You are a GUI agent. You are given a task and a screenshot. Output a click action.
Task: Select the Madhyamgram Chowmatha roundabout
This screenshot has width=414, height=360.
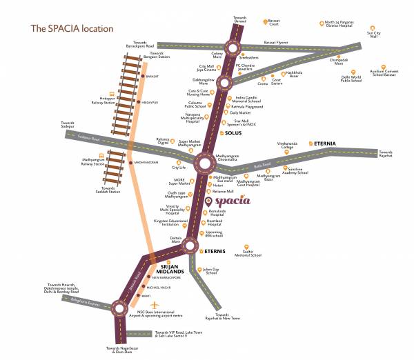206,163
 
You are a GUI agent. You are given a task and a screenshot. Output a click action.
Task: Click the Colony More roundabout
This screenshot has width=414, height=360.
231,48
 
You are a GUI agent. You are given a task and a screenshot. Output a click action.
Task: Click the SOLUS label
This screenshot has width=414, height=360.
232,132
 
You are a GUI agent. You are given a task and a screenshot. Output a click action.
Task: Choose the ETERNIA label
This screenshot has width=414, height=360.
324,143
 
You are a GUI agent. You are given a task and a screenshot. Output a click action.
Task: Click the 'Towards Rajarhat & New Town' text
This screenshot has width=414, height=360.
222,318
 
